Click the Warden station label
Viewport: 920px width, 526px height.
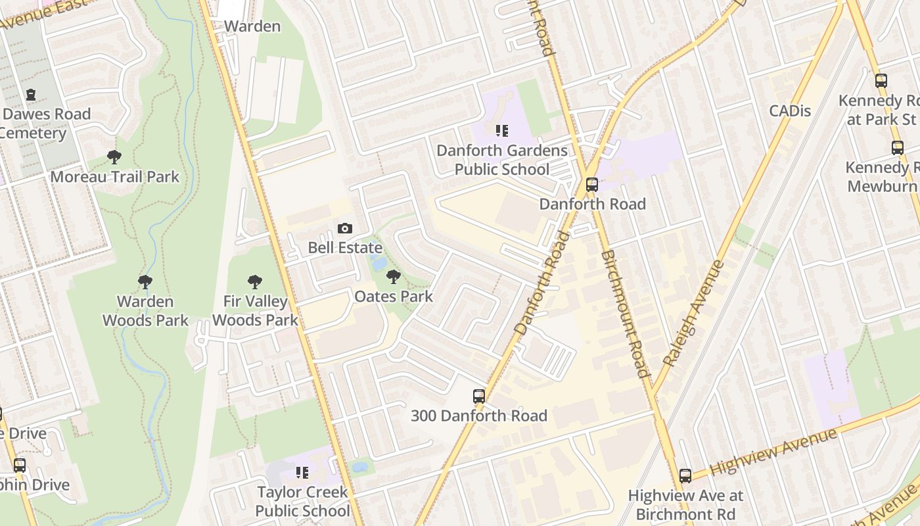(x=252, y=26)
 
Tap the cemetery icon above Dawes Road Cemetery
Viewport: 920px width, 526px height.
(x=30, y=95)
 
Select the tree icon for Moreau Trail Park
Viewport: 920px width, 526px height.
(x=114, y=157)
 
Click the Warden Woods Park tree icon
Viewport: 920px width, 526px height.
(x=145, y=282)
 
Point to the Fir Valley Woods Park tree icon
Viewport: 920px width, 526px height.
(x=255, y=282)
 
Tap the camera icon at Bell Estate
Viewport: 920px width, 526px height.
(x=344, y=228)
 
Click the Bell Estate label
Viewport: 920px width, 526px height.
(x=345, y=248)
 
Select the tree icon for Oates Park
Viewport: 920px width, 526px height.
(x=394, y=277)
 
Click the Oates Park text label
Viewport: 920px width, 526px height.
(x=394, y=297)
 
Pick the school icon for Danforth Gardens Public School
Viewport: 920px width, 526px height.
(x=502, y=131)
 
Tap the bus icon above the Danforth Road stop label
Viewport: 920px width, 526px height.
(x=592, y=185)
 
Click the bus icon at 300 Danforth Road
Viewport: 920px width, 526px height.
(x=479, y=396)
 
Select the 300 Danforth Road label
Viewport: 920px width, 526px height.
(x=479, y=416)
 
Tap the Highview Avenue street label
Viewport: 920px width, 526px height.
(x=773, y=451)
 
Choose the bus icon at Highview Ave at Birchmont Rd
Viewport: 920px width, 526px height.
(x=685, y=475)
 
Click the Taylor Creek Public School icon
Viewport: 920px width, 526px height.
(x=302, y=472)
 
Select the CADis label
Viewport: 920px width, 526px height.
(x=790, y=110)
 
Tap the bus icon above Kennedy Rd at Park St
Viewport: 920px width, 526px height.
(x=881, y=81)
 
